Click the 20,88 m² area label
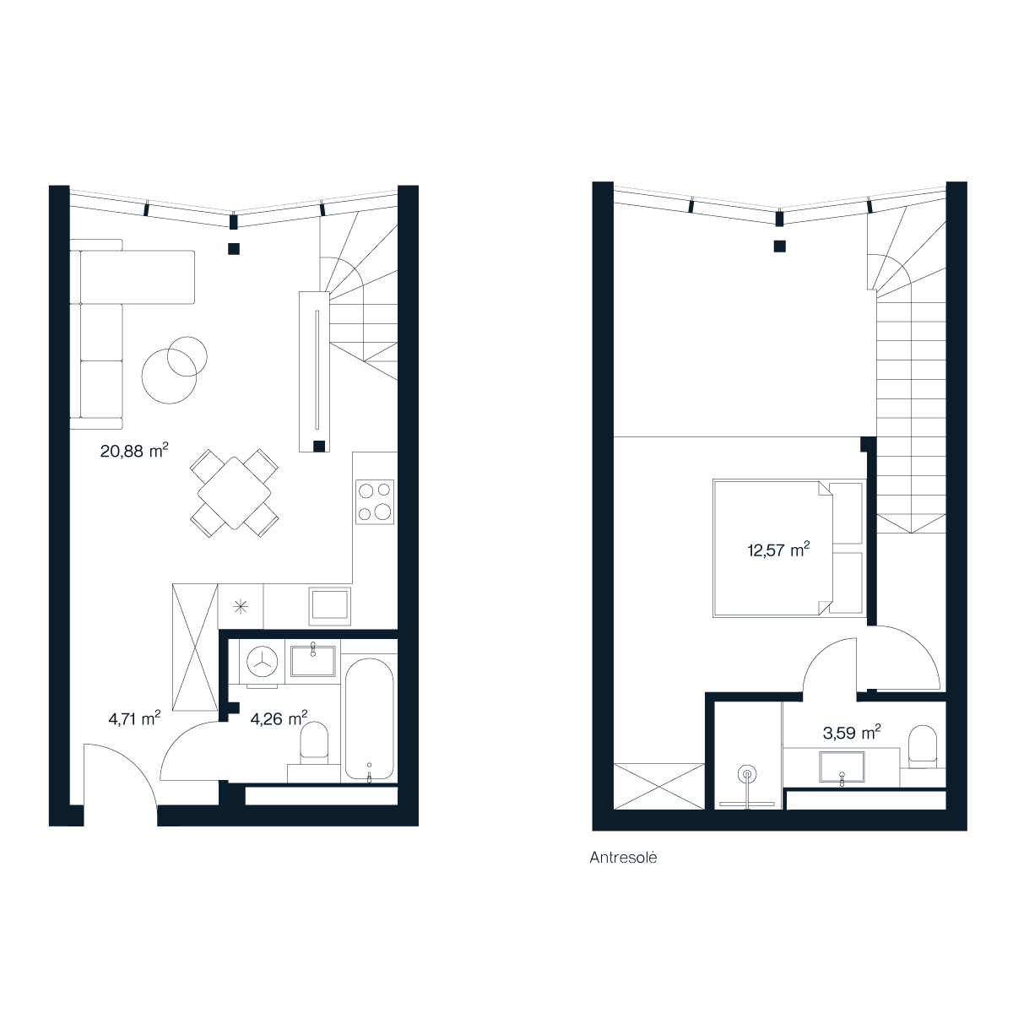(x=134, y=451)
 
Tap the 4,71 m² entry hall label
(x=134, y=718)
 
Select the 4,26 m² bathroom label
(x=279, y=718)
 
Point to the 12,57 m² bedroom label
(x=778, y=550)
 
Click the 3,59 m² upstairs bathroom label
(x=852, y=732)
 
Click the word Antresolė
(x=623, y=858)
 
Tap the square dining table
(x=235, y=493)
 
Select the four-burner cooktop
(x=375, y=501)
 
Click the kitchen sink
(x=329, y=606)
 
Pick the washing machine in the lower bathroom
(x=262, y=663)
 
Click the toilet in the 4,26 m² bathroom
(x=314, y=744)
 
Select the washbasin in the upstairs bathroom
(x=842, y=767)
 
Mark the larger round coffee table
(x=170, y=376)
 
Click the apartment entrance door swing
(x=121, y=776)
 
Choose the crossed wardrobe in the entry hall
(x=195, y=647)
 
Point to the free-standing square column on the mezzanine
(x=780, y=246)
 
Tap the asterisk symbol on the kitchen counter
(x=241, y=607)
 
